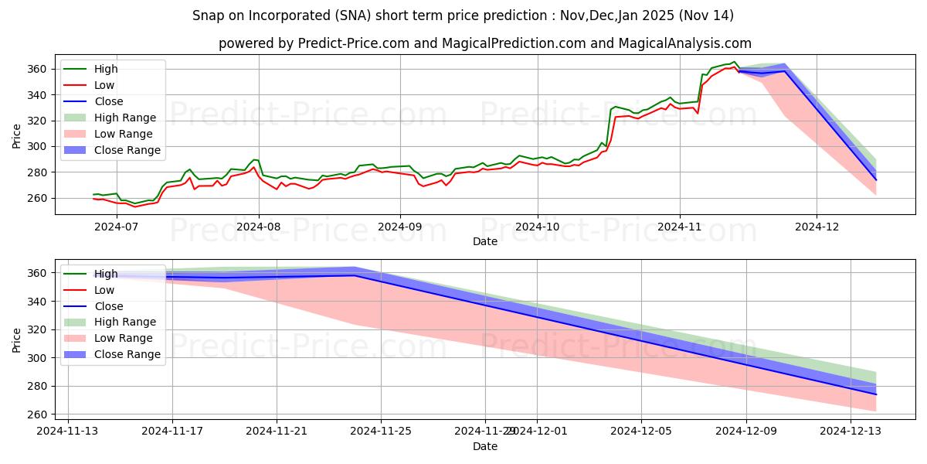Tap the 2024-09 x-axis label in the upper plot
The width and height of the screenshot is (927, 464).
click(x=399, y=227)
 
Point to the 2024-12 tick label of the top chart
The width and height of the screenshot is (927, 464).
click(x=817, y=227)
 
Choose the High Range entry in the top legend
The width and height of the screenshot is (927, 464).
click(x=126, y=118)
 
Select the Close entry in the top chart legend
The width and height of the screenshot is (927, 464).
click(x=108, y=102)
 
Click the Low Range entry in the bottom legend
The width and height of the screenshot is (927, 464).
click(x=124, y=338)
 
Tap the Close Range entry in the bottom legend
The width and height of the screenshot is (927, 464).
click(x=127, y=354)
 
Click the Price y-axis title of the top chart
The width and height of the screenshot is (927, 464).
click(x=17, y=135)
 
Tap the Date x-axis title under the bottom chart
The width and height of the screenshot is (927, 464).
click(x=484, y=447)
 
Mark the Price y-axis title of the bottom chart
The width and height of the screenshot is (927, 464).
click(x=17, y=340)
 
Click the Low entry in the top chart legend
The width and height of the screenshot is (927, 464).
click(x=104, y=86)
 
